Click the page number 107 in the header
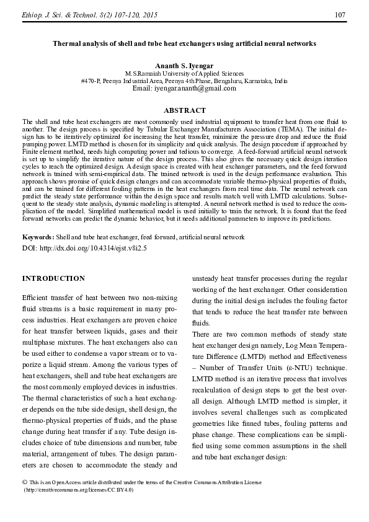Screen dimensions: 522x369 (340, 14)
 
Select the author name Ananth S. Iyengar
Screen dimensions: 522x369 (184, 65)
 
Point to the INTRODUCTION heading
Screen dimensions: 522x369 (53, 278)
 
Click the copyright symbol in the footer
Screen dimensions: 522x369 (24, 482)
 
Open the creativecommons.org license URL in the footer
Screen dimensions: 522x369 (79, 489)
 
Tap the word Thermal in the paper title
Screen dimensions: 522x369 (67, 45)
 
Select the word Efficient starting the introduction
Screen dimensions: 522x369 (36, 298)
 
